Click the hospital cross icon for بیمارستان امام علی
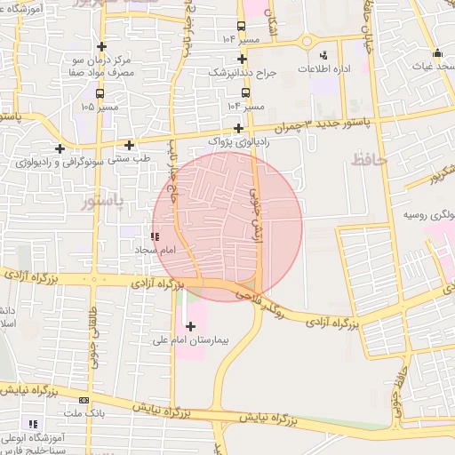pyautogui.click(x=190, y=327)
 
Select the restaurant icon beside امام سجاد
pyautogui.click(x=156, y=236)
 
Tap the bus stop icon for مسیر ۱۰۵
pyautogui.click(x=99, y=92)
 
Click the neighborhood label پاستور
pyautogui.click(x=102, y=203)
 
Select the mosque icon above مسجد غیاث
pyautogui.click(x=437, y=52)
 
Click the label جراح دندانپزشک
pyautogui.click(x=243, y=72)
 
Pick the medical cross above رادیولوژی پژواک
pyautogui.click(x=238, y=128)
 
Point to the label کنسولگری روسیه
pyautogui.click(x=428, y=215)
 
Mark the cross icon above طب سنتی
pyautogui.click(x=130, y=145)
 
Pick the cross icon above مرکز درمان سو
pyautogui.click(x=102, y=46)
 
